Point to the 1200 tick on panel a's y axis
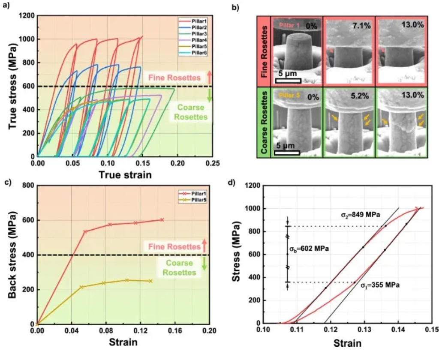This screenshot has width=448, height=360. point(27,16)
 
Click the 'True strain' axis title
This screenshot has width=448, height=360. point(125,175)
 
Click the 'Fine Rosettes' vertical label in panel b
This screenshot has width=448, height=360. point(263,51)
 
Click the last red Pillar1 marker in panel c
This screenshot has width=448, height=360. point(162,220)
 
